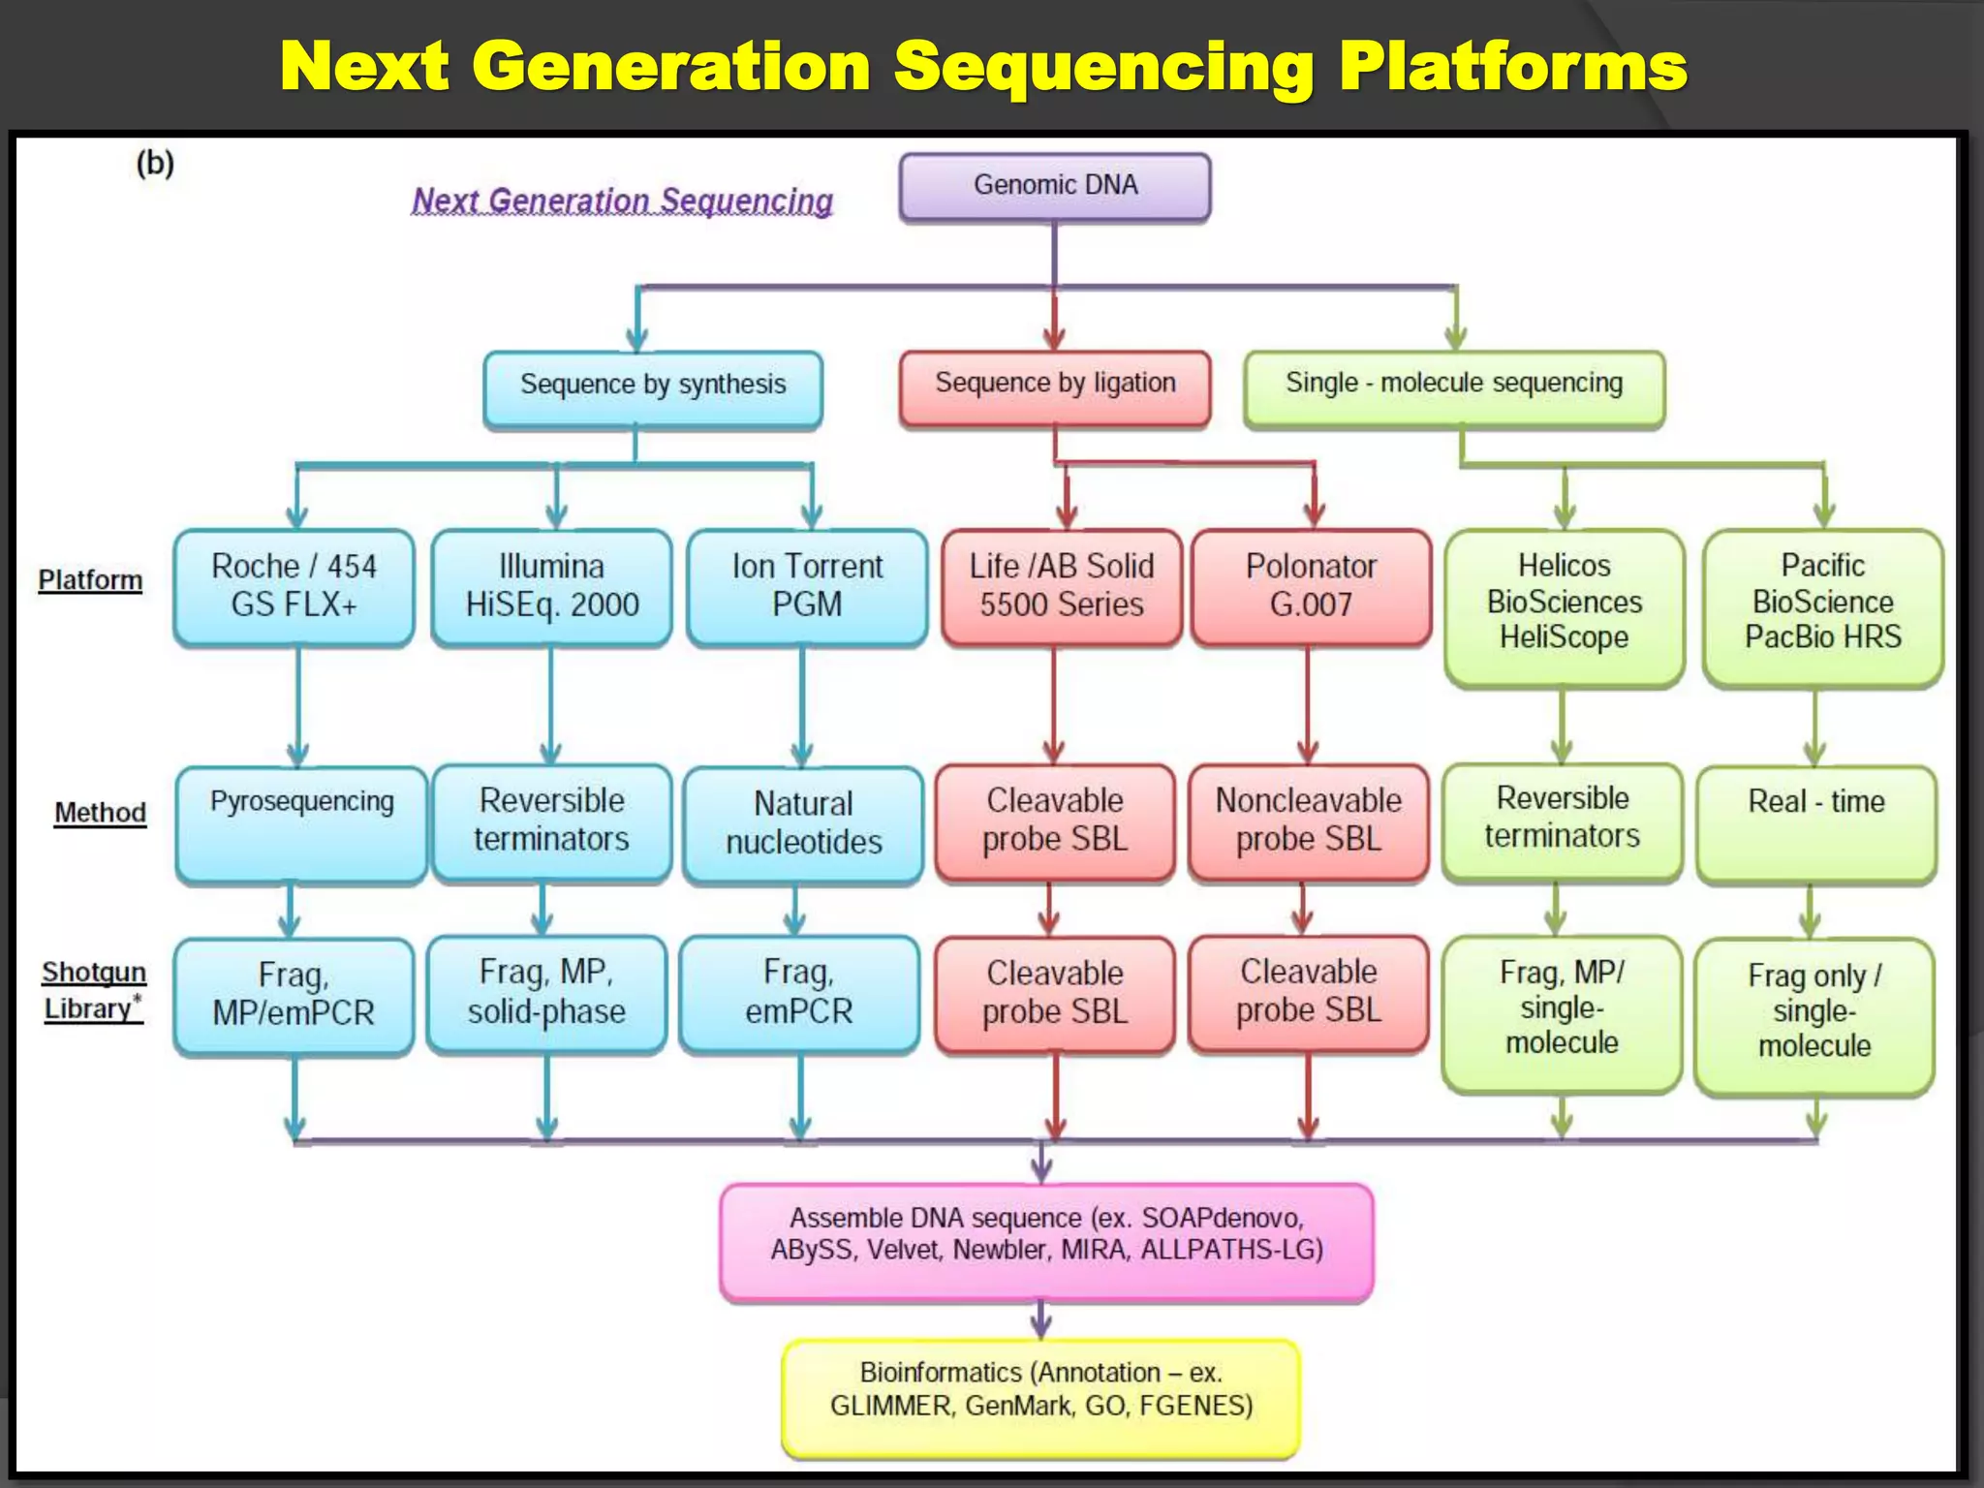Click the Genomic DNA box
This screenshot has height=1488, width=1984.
point(1054,186)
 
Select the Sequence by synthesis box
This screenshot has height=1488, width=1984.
point(653,388)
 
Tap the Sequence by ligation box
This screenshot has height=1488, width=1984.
point(1054,387)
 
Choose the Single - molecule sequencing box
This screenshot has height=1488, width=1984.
point(1453,387)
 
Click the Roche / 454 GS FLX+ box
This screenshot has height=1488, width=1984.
point(294,586)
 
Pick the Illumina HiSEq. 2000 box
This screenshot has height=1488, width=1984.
point(551,586)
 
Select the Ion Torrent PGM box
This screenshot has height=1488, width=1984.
point(806,586)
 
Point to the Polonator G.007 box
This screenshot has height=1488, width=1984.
point(1310,586)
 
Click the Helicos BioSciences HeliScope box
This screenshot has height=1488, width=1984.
point(1564,604)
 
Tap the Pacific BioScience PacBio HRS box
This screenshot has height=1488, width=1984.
point(1822,604)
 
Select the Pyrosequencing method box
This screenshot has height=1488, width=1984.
point(300,822)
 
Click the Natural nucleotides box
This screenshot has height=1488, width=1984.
point(803,823)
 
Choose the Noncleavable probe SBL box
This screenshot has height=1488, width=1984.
point(1308,821)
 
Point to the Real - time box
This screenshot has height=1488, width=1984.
point(1815,822)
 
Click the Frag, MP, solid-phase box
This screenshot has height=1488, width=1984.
point(546,993)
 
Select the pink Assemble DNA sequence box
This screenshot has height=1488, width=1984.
point(1046,1239)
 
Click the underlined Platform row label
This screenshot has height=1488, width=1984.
point(90,580)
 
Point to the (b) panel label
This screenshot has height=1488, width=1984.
point(155,163)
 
